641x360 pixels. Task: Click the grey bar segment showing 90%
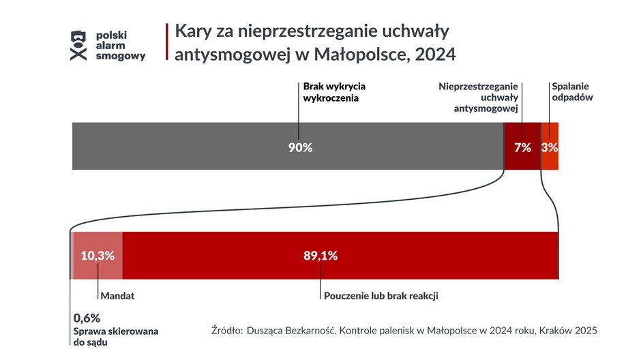(x=286, y=146)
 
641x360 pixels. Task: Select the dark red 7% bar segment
(x=522, y=146)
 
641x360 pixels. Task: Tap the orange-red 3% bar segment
(x=550, y=146)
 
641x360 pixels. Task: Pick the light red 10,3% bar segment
(x=98, y=256)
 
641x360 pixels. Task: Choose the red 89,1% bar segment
(x=340, y=256)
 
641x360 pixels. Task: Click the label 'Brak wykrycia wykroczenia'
(x=334, y=92)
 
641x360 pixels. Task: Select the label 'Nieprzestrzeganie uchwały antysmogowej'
(x=478, y=97)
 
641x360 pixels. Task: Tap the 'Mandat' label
(x=117, y=297)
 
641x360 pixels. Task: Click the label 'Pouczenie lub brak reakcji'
(x=381, y=297)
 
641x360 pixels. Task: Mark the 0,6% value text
(x=87, y=318)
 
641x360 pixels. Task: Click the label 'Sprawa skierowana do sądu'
(x=115, y=336)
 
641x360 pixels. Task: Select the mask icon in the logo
(x=79, y=45)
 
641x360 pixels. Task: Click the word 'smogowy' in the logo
(x=121, y=57)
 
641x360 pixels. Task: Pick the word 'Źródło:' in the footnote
(x=227, y=331)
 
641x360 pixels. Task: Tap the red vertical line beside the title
(x=167, y=41)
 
